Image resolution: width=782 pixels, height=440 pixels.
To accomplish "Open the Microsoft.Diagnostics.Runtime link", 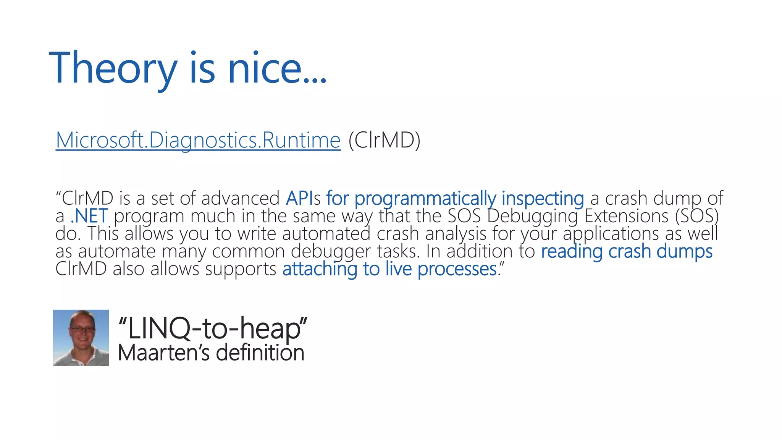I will pos(198,140).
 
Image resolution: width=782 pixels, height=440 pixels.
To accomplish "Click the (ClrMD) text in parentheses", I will pos(384,140).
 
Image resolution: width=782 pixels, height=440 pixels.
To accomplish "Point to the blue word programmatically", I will pos(425,199).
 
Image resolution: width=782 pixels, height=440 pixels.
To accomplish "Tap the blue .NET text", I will pos(89,216).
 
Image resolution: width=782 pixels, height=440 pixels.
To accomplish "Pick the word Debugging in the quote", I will pos(533,216).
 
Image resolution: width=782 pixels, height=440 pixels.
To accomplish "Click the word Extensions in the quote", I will pos(626,216).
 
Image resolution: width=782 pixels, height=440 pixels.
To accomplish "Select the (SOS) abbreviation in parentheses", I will pos(697,216).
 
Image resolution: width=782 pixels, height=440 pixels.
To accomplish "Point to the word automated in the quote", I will pos(326,234).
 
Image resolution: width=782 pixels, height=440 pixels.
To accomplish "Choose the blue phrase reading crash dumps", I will pos(627,251).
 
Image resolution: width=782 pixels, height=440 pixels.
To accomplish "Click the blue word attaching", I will pos(320,269).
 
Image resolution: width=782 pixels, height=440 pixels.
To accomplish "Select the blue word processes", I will pos(457,269).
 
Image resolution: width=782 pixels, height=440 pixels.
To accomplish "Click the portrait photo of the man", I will pos(81,338).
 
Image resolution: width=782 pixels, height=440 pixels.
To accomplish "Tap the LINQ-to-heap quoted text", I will pos(213,328).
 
